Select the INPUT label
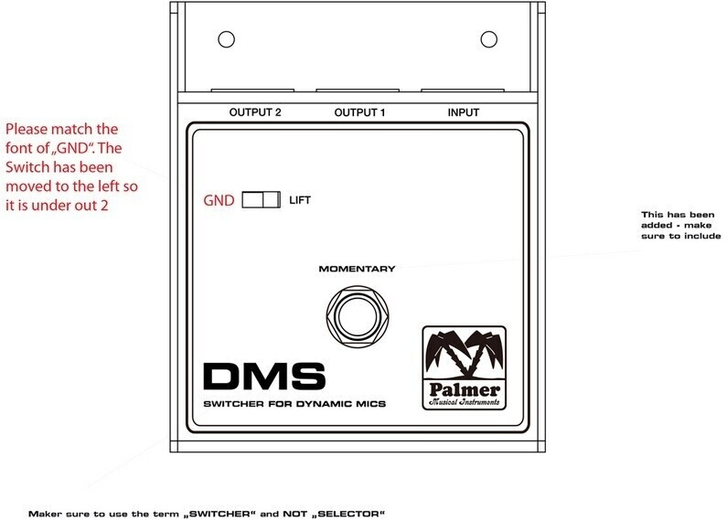pyautogui.click(x=464, y=113)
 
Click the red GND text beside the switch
pyautogui.click(x=220, y=200)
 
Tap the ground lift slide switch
pyautogui.click(x=261, y=200)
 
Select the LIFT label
pyautogui.click(x=300, y=200)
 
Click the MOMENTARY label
pyautogui.click(x=357, y=269)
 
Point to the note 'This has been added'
pyautogui.click(x=681, y=226)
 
